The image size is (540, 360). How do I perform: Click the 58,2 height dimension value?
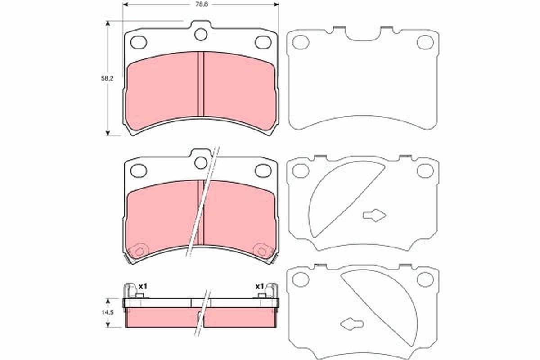point(107,78)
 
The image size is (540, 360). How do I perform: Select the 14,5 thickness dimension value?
point(107,312)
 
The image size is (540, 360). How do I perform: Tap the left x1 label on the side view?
point(144,286)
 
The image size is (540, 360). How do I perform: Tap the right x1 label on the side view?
point(259,286)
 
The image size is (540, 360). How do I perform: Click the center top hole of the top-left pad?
point(201,34)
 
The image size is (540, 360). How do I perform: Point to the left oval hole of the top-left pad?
point(139,42)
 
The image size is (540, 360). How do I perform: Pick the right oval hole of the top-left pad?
point(263,42)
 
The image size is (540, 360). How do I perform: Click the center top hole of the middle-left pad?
point(201,162)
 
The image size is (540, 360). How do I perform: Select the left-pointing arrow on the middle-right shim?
point(374,216)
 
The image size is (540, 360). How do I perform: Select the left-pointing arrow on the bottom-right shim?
point(352,323)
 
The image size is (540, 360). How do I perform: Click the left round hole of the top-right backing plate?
point(301,42)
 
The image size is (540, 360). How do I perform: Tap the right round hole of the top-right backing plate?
point(425,42)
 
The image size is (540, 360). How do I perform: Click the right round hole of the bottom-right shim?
point(425,279)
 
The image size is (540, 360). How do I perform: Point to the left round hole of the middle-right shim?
point(301,171)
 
